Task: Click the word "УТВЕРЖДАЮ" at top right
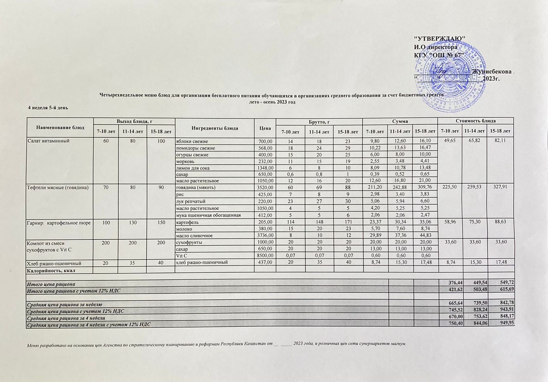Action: (439, 38)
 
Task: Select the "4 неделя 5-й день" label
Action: (48, 108)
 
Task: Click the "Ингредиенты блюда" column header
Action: (215, 128)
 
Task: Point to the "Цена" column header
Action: (265, 128)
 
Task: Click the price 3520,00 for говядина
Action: (265, 188)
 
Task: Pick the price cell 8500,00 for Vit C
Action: (265, 256)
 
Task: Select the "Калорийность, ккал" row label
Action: (51, 270)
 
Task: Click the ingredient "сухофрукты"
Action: (189, 242)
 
